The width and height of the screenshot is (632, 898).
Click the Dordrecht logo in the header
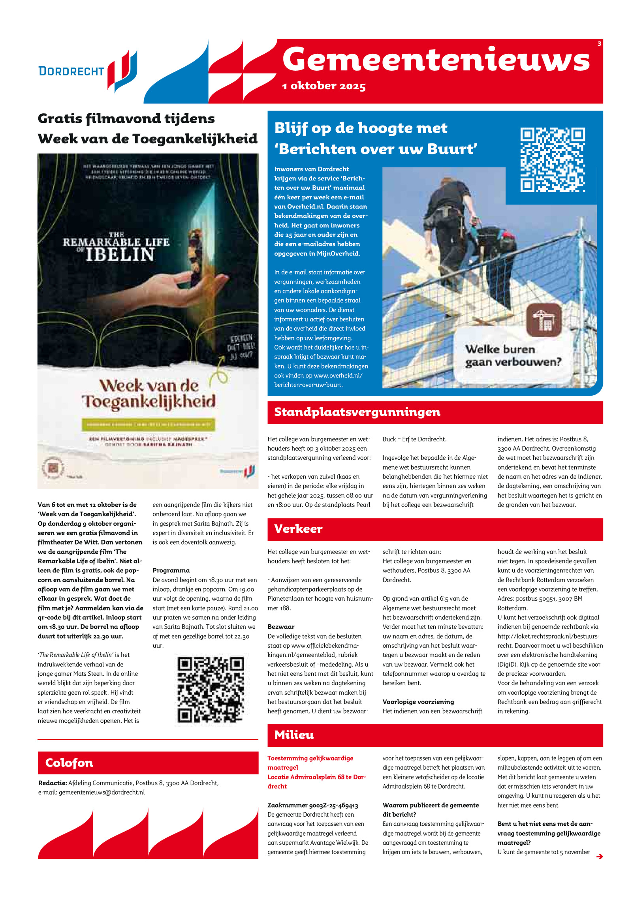click(88, 71)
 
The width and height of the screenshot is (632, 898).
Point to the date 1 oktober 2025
click(324, 86)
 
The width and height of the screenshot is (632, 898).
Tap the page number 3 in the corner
click(599, 43)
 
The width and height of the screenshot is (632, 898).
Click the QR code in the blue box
click(552, 160)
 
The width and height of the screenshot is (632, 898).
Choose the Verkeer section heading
click(298, 529)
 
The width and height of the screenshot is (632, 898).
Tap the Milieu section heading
click(294, 735)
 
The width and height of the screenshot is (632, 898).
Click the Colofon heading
click(69, 763)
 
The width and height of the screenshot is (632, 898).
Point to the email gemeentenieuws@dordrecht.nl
click(102, 792)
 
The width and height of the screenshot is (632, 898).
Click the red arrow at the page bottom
click(599, 856)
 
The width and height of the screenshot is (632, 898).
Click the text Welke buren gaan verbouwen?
click(512, 355)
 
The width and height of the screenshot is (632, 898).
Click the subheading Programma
click(171, 570)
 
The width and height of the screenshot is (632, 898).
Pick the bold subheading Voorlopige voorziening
click(418, 702)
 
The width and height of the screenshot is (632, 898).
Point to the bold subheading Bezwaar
click(281, 627)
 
